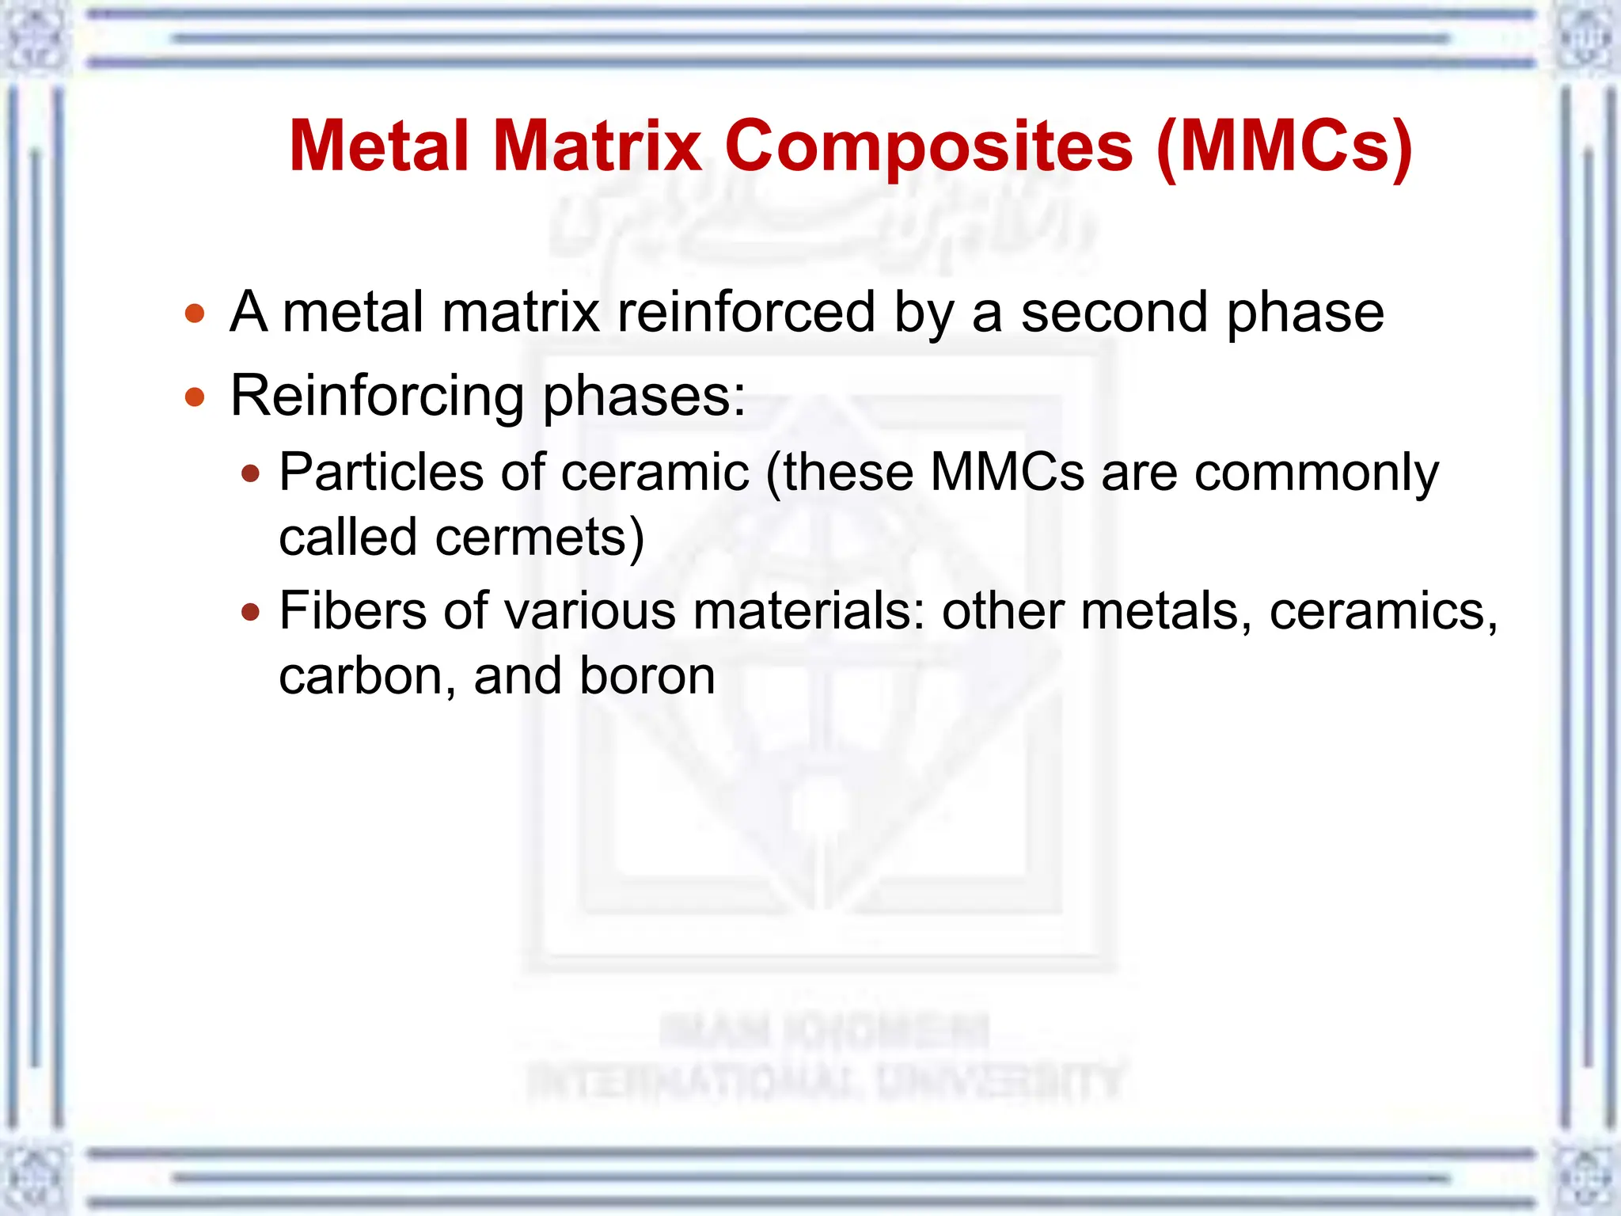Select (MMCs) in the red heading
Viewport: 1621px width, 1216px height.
coord(1284,146)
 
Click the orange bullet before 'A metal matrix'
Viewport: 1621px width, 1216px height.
coord(195,313)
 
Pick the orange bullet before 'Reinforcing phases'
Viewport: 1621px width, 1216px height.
coord(195,396)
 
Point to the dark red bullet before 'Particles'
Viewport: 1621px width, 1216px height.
coord(251,474)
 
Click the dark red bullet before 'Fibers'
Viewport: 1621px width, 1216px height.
coord(251,612)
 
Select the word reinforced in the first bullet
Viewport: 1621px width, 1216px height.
coord(746,313)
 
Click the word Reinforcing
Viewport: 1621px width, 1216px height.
coord(378,396)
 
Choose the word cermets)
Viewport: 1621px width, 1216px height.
coord(540,538)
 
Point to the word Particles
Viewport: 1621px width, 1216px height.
coord(381,473)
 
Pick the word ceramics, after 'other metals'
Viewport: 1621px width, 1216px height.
coord(1384,612)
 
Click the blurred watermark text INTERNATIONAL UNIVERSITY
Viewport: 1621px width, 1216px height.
coord(825,1081)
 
